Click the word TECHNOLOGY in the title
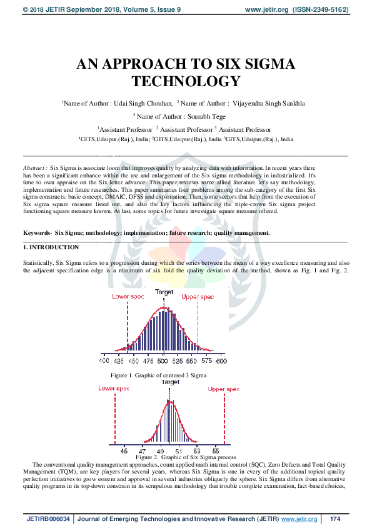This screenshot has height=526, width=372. [186, 81]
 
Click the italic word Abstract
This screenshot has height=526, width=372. [34, 169]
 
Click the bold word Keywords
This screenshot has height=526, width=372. [37, 232]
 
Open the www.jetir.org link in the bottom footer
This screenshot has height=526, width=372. [299, 519]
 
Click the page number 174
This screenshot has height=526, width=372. [335, 519]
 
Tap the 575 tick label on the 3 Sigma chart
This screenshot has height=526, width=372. [207, 361]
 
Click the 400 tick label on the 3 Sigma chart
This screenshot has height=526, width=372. [104, 361]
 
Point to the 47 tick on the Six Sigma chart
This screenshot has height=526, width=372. [143, 450]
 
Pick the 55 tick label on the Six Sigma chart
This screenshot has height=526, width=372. [216, 450]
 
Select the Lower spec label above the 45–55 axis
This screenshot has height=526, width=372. [114, 389]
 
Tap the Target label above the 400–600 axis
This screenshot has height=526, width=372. [164, 292]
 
